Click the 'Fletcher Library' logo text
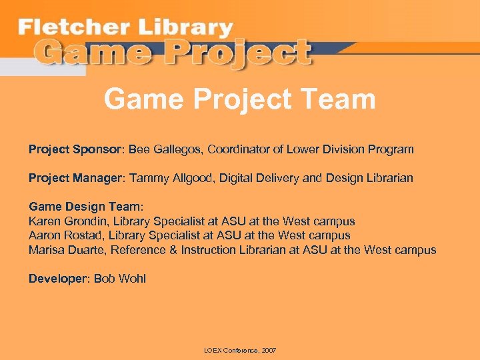[125, 28]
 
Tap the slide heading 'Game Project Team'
[240, 100]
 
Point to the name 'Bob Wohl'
[120, 279]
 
